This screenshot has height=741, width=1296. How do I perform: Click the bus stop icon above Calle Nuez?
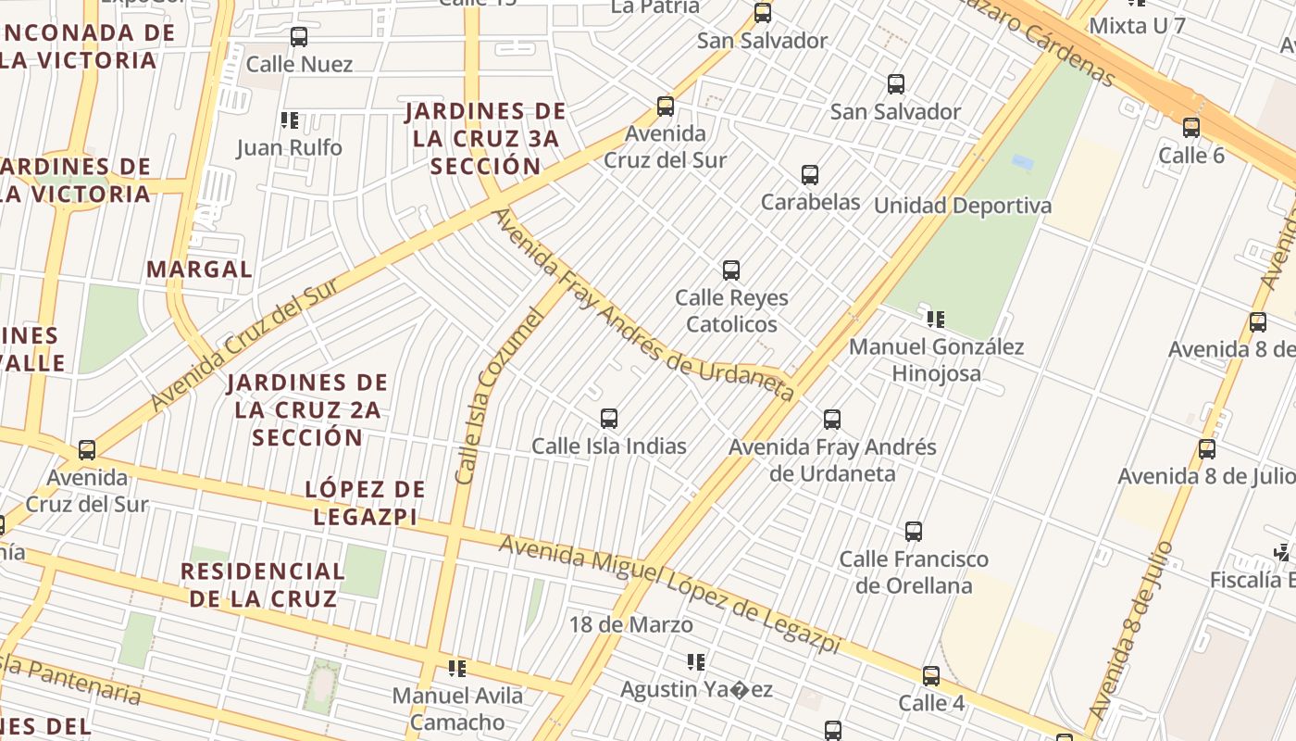point(299,37)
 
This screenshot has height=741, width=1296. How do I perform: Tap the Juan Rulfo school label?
point(289,147)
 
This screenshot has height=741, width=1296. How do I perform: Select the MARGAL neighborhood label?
point(199,270)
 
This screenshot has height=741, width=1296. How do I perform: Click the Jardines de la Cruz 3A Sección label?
point(486,139)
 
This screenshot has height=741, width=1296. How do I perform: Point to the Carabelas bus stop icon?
point(810,175)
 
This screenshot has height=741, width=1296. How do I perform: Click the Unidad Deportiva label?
point(963,206)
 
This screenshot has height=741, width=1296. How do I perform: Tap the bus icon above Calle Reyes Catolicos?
point(731,270)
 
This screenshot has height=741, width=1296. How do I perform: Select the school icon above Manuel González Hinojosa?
point(936,320)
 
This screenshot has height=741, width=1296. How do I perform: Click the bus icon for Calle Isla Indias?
point(609,419)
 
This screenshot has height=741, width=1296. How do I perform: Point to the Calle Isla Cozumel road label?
point(497,396)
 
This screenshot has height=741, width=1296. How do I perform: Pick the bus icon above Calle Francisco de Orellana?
point(914,532)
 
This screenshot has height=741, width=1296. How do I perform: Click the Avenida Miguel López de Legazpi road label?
point(670,594)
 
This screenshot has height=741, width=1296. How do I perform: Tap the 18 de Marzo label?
point(631,625)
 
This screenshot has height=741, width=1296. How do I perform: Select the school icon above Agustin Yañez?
point(696,662)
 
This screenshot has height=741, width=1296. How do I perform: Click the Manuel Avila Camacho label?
point(457,709)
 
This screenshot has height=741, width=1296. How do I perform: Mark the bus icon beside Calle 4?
point(931,676)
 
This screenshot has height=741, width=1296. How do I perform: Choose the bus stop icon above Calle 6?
point(1191,128)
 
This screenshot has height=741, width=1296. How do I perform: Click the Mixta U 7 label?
point(1137,25)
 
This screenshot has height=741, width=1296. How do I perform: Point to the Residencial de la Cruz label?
point(263,584)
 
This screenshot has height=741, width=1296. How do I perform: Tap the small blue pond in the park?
point(1023,162)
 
